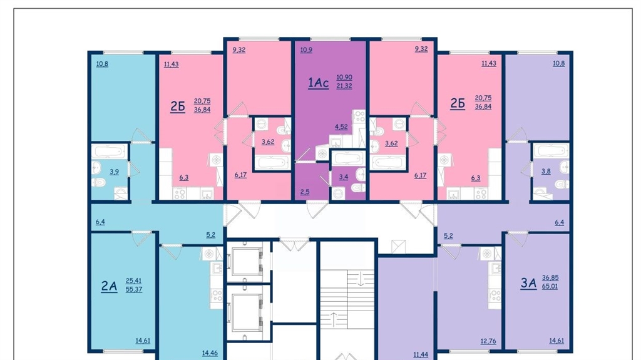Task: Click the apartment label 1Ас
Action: (318, 83)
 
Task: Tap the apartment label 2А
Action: (109, 286)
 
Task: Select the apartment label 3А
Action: (528, 283)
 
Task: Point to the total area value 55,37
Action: (134, 290)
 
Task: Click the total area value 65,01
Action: (550, 286)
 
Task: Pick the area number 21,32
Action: (344, 86)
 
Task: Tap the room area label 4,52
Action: (341, 127)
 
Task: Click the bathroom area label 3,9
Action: (114, 172)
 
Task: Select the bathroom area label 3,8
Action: (546, 172)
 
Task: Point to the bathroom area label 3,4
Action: (344, 177)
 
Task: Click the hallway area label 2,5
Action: (305, 192)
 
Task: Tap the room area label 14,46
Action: (210, 352)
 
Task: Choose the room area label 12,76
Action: (488, 341)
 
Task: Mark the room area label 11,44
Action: (421, 355)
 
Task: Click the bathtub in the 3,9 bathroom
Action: (109, 151)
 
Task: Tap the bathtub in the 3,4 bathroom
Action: (347, 158)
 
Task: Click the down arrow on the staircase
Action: (361, 279)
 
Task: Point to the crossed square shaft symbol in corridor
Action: (397, 247)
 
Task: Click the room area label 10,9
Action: (306, 50)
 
